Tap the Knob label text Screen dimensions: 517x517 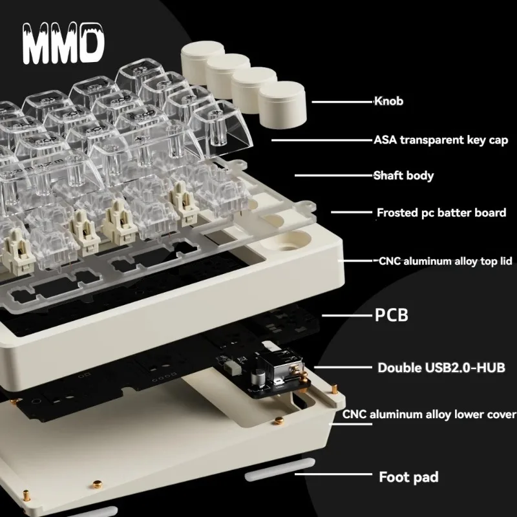[389, 101]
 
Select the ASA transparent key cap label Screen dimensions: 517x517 [441, 140]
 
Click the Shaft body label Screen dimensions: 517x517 [403, 175]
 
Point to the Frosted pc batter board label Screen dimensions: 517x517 [441, 212]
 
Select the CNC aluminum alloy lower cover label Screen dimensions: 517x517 [429, 414]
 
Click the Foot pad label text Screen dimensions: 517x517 [408, 478]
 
